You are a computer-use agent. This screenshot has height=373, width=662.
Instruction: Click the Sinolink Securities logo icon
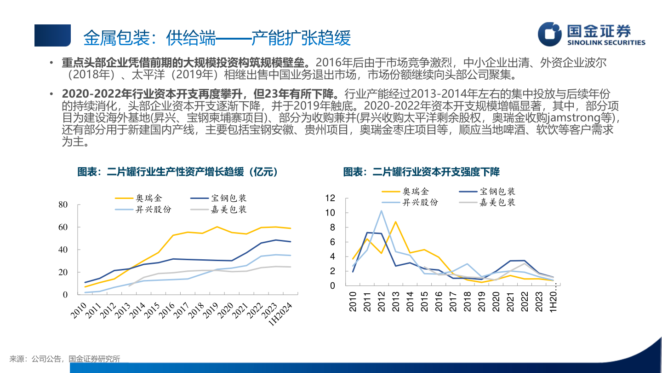pyautogui.click(x=550, y=35)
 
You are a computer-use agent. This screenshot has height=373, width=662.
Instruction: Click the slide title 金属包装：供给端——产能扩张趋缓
pyautogui.click(x=217, y=38)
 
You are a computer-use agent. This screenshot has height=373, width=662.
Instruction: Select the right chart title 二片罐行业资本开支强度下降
pyautogui.click(x=421, y=172)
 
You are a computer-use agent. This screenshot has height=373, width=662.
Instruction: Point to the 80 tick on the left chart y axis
pyautogui.click(x=63, y=204)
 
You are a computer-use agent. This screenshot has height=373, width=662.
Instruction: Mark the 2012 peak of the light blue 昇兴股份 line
pyautogui.click(x=381, y=211)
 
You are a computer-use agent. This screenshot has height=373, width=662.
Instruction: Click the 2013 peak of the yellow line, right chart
pyautogui.click(x=395, y=221)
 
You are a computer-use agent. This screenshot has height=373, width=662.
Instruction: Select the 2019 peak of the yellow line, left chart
pyautogui.click(x=217, y=227)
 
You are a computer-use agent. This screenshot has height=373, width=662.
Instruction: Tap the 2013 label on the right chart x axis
pyautogui.click(x=396, y=302)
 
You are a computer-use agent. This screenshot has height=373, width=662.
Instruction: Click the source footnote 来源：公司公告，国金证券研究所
pyautogui.click(x=65, y=359)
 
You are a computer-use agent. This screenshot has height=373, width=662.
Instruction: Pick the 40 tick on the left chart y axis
pyautogui.click(x=63, y=250)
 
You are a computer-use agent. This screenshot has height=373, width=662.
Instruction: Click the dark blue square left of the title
pyautogui.click(x=52, y=35)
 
